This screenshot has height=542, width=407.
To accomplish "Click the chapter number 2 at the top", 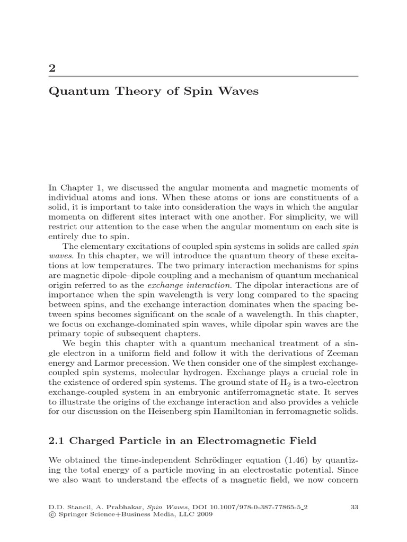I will [x=51, y=68].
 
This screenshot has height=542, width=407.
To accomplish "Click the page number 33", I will [x=355, y=507].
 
